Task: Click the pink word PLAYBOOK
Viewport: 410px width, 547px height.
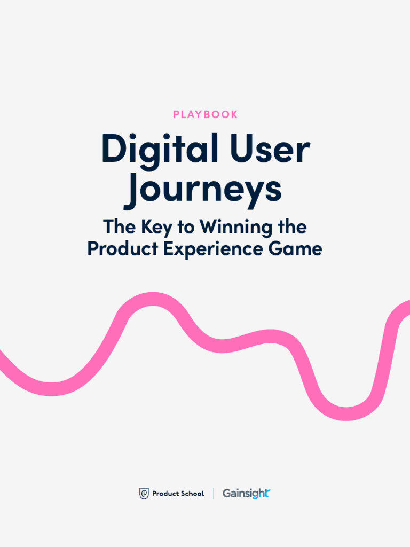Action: point(205,115)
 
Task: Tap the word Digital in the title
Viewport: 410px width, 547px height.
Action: point(159,150)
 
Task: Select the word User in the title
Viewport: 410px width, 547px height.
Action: point(270,150)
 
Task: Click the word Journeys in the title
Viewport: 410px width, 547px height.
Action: point(203,190)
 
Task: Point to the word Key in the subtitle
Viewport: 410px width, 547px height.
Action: point(157,228)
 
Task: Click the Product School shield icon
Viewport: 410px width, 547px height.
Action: point(144,494)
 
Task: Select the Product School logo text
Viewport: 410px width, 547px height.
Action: point(178,494)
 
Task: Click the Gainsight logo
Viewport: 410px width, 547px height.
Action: point(246,494)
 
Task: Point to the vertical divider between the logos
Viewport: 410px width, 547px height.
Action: point(214,494)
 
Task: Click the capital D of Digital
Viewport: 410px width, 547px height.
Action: point(113,149)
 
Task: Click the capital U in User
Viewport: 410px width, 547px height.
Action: point(240,149)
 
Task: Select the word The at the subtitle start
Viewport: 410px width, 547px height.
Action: point(119,228)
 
